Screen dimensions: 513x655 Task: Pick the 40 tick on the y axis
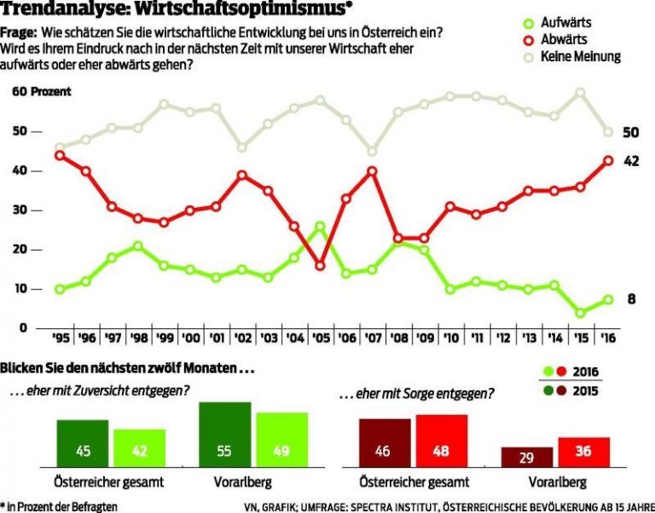tap(18, 171)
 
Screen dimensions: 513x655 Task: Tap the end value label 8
tap(630, 299)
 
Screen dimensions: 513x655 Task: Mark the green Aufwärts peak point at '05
tap(320, 227)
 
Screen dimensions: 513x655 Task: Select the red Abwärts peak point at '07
tap(372, 171)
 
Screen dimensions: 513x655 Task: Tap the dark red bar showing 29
tap(527, 457)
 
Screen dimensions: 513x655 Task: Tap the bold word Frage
tap(17, 32)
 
